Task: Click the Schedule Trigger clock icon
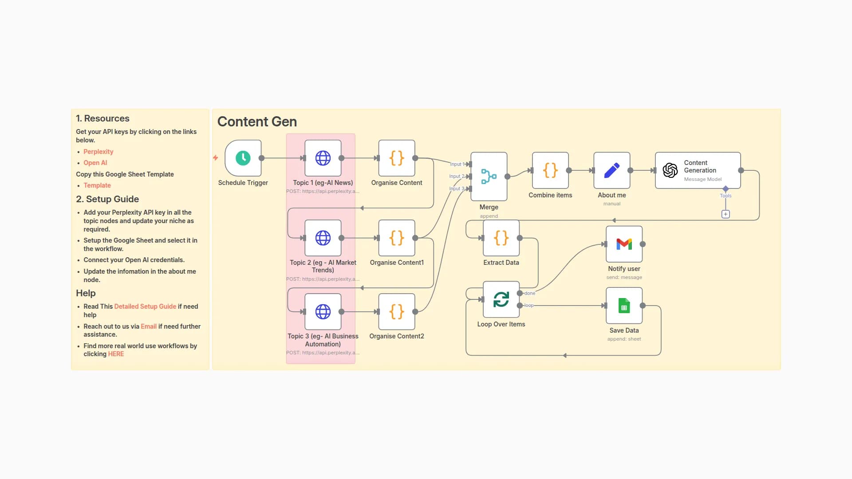(243, 158)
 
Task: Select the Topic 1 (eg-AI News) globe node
(323, 158)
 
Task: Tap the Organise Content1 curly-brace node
(396, 238)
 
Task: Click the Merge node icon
(489, 176)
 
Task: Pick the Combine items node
(550, 170)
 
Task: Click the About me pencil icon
(611, 170)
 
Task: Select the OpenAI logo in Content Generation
(670, 170)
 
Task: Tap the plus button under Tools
(726, 214)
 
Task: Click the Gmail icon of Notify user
(624, 244)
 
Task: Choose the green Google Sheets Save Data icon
(624, 306)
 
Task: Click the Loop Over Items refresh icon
(501, 299)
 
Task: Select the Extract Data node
(501, 238)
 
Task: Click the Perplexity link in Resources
(98, 152)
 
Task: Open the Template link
(97, 185)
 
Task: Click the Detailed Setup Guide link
(145, 306)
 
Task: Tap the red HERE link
(116, 354)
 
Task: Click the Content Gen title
(257, 122)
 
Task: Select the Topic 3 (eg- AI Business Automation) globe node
(323, 311)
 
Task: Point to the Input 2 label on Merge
(457, 176)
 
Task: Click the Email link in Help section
(149, 326)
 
